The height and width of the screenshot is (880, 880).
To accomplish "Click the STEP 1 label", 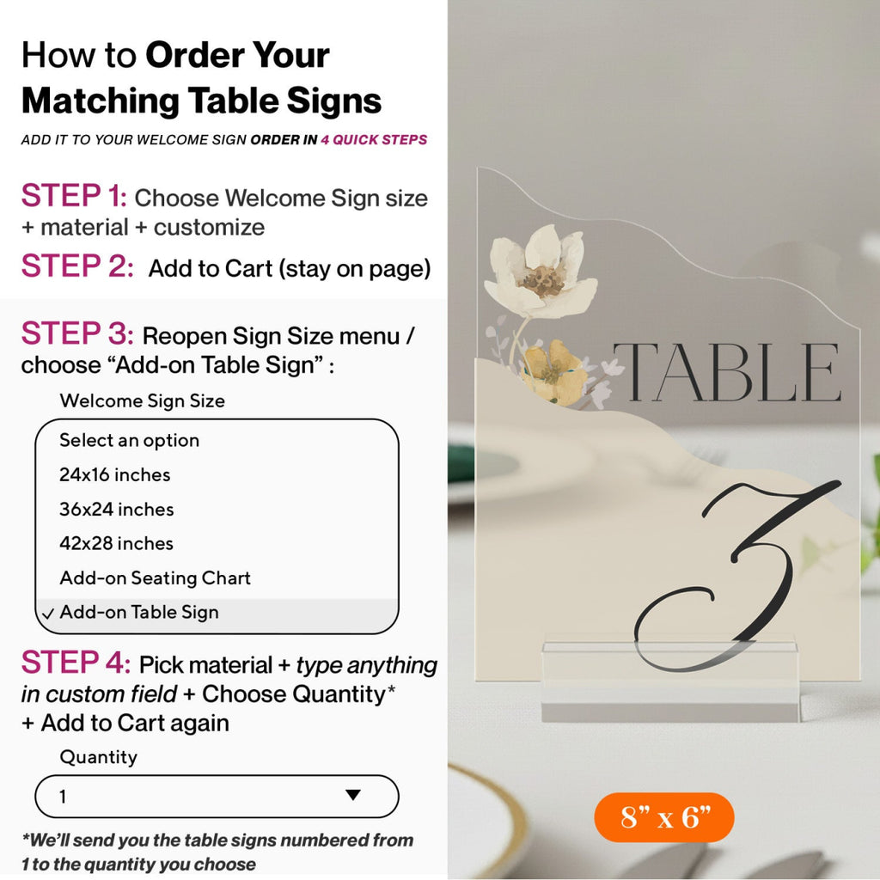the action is (74, 197).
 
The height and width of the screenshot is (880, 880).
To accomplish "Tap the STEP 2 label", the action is (77, 266).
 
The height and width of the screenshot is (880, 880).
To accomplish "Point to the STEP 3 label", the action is (77, 333).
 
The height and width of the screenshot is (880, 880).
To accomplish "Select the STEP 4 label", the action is (76, 663).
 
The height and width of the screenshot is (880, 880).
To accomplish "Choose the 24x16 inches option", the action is (115, 474).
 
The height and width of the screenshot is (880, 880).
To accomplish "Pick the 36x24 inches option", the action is (117, 509).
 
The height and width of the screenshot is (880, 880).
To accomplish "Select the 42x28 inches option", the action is (116, 543).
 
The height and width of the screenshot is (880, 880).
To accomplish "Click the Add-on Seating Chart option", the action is (155, 578).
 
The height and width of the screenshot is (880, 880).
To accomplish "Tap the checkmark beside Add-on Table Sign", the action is (48, 614).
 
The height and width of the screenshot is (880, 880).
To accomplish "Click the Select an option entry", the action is (130, 441).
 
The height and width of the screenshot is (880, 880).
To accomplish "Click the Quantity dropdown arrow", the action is (353, 795).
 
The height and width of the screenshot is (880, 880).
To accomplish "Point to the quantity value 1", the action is (63, 797).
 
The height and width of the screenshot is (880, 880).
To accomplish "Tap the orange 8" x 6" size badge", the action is (664, 817).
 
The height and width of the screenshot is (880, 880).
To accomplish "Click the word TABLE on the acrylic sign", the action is (727, 372).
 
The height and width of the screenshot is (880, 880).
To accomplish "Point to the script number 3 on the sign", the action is (736, 575).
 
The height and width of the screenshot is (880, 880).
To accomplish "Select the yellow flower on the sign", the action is (553, 371).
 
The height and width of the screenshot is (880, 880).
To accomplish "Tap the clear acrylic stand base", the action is (670, 681).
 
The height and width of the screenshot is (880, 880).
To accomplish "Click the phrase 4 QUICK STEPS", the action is (374, 140).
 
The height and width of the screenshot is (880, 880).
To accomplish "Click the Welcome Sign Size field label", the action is (142, 400).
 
